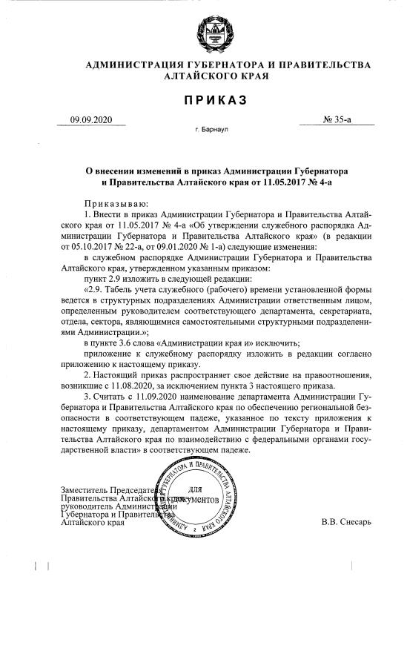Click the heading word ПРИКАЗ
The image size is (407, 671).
(216, 99)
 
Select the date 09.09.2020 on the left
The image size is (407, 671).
(90, 119)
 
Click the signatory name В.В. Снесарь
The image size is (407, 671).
(346, 521)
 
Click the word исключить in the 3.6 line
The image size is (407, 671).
(274, 343)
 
